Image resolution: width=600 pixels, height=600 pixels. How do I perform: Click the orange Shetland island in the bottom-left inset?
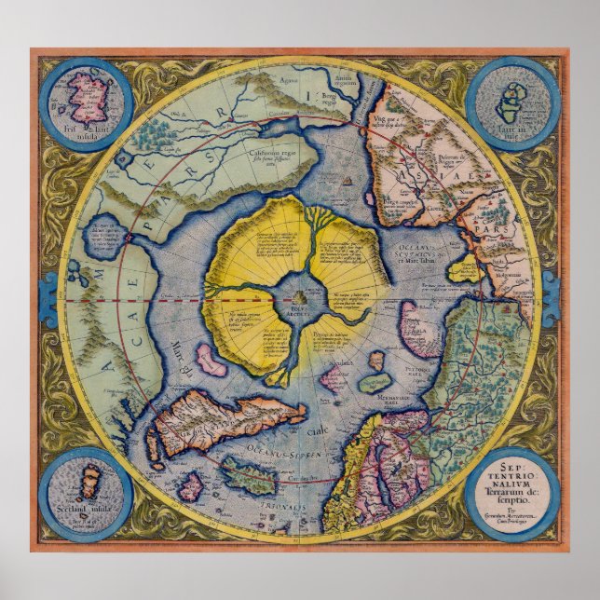(x=89, y=483)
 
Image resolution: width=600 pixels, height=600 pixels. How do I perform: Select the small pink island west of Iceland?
(x=191, y=485)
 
